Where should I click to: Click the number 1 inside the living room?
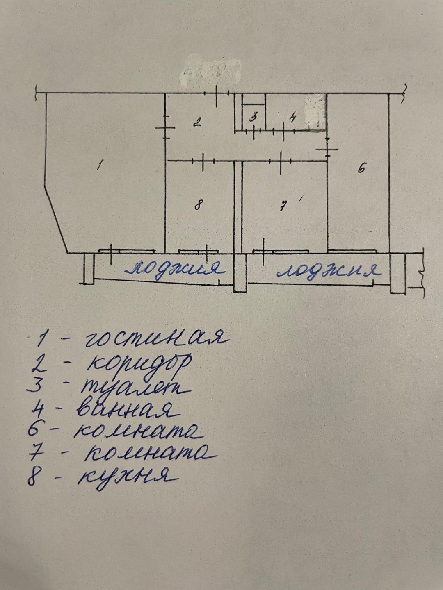click(x=100, y=165)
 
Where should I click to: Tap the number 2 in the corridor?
click(x=197, y=122)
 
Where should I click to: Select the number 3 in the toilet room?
click(x=254, y=117)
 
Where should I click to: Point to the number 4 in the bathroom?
click(x=292, y=118)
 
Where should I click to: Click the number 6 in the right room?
click(x=361, y=168)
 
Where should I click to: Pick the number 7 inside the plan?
click(x=283, y=206)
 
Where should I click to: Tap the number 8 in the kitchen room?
click(x=199, y=204)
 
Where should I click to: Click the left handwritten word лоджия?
click(x=176, y=269)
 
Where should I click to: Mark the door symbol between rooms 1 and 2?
click(x=165, y=128)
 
